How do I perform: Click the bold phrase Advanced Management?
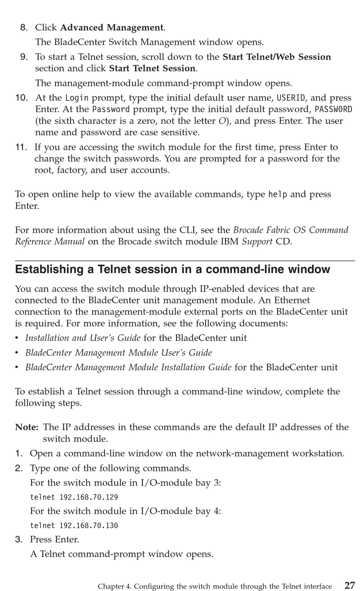click(x=112, y=28)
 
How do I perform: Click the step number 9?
click(x=24, y=57)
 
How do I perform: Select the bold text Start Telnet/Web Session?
click(x=277, y=57)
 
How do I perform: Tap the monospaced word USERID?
click(x=291, y=98)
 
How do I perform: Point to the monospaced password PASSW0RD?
click(x=333, y=109)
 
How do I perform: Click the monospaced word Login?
click(x=77, y=98)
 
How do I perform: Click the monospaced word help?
click(x=277, y=194)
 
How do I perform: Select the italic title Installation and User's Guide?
click(x=83, y=338)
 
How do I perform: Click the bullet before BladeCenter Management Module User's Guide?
click(x=17, y=353)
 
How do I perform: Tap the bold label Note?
click(x=27, y=427)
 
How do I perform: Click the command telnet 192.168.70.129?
click(x=74, y=497)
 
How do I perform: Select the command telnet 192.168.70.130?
click(x=74, y=525)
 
